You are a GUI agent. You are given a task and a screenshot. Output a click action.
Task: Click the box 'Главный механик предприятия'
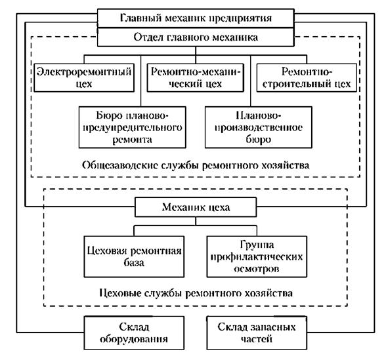pyautogui.click(x=196, y=18)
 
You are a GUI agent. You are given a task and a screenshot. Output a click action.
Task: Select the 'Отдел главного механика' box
pyautogui.click(x=196, y=37)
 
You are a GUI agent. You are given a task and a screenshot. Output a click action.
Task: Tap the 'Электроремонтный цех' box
pyautogui.click(x=84, y=77)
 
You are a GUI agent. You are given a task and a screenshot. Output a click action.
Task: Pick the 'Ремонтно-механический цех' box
pyautogui.click(x=196, y=77)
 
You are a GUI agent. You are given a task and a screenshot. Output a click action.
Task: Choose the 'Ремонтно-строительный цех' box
pyautogui.click(x=307, y=77)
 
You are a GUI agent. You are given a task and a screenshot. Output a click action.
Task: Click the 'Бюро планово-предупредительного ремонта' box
pyautogui.click(x=133, y=127)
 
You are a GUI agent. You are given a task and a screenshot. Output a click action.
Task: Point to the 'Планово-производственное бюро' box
pyautogui.click(x=259, y=127)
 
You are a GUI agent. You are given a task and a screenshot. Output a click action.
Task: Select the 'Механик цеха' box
pyautogui.click(x=196, y=207)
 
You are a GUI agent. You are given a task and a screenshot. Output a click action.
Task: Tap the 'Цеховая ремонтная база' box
pyautogui.click(x=134, y=257)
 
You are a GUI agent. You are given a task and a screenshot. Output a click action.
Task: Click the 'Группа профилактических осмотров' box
pyautogui.click(x=257, y=257)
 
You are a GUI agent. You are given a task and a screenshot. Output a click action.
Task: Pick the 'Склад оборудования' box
pyautogui.click(x=134, y=332)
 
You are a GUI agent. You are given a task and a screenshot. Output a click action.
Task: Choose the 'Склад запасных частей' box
pyautogui.click(x=257, y=332)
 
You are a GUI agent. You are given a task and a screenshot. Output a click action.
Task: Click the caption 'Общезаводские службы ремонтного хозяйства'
pyautogui.click(x=196, y=165)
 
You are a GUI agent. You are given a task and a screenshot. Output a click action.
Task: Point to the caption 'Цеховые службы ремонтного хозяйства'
pyautogui.click(x=196, y=293)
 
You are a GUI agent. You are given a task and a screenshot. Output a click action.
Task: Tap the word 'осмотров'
pyautogui.click(x=257, y=269)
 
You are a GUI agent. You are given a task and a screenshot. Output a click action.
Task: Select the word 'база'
pyautogui.click(x=134, y=263)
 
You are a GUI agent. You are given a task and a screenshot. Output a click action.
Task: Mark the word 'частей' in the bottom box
pyautogui.click(x=257, y=339)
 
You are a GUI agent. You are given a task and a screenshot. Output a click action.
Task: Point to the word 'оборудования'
pyautogui.click(x=134, y=340)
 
